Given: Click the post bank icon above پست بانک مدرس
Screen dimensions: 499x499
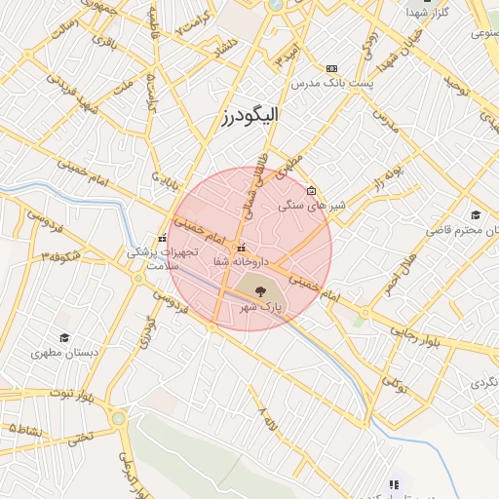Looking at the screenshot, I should [x=331, y=68].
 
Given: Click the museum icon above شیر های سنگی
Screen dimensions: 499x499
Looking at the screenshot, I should [x=311, y=190].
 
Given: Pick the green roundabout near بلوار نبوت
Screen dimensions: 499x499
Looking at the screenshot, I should [x=119, y=419].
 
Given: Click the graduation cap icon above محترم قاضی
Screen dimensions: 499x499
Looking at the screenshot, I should [x=475, y=214].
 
